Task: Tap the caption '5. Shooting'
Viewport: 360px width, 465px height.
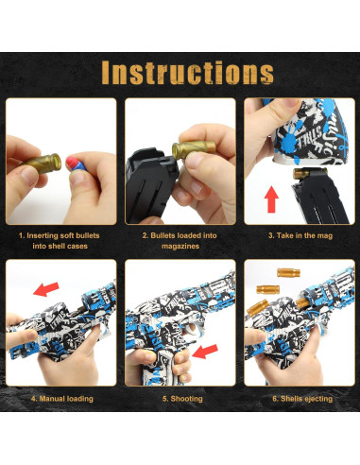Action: point(180,398)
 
